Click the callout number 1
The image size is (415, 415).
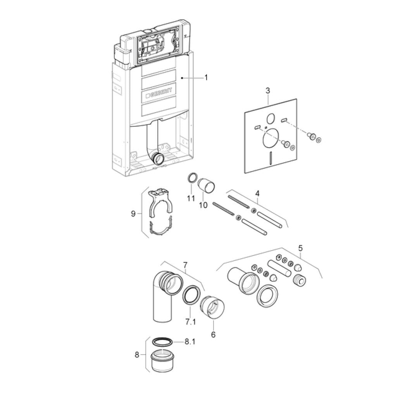[206, 77]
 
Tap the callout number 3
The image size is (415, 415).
[268, 91]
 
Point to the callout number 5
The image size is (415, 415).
[300, 248]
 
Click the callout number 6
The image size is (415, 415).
[214, 334]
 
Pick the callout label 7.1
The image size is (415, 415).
[191, 322]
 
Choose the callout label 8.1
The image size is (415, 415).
[190, 342]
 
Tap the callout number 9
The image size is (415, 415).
[133, 214]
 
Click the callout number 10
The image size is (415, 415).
[203, 205]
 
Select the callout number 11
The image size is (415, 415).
[191, 198]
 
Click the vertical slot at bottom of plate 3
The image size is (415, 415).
[270, 158]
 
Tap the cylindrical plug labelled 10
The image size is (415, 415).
[206, 186]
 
